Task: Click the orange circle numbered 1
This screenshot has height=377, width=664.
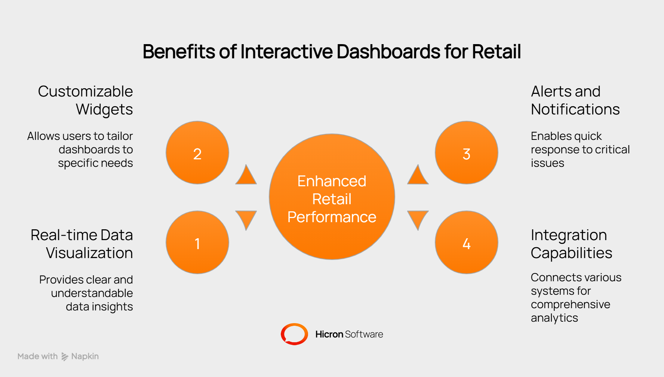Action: [197, 242]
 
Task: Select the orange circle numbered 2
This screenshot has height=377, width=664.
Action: [197, 153]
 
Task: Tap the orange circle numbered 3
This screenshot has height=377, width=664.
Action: [467, 153]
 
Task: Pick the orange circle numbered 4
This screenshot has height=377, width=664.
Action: [467, 242]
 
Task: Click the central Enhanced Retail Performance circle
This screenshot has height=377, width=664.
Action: [332, 197]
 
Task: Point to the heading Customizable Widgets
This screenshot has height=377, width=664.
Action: [86, 100]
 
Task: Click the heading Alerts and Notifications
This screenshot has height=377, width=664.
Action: [575, 100]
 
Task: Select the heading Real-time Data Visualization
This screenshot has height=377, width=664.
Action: [82, 244]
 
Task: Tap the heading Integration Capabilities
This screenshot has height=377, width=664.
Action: [571, 244]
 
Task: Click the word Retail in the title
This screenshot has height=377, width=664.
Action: [496, 52]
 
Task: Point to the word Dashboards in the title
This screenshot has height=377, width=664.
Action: [388, 52]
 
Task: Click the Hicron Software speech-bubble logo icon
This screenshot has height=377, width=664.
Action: [294, 334]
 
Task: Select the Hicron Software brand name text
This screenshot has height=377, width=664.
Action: [349, 334]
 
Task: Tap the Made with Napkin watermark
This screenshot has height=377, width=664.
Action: [58, 356]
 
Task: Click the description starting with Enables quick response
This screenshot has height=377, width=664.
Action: [580, 150]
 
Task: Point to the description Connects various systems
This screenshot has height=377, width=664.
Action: [576, 298]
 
